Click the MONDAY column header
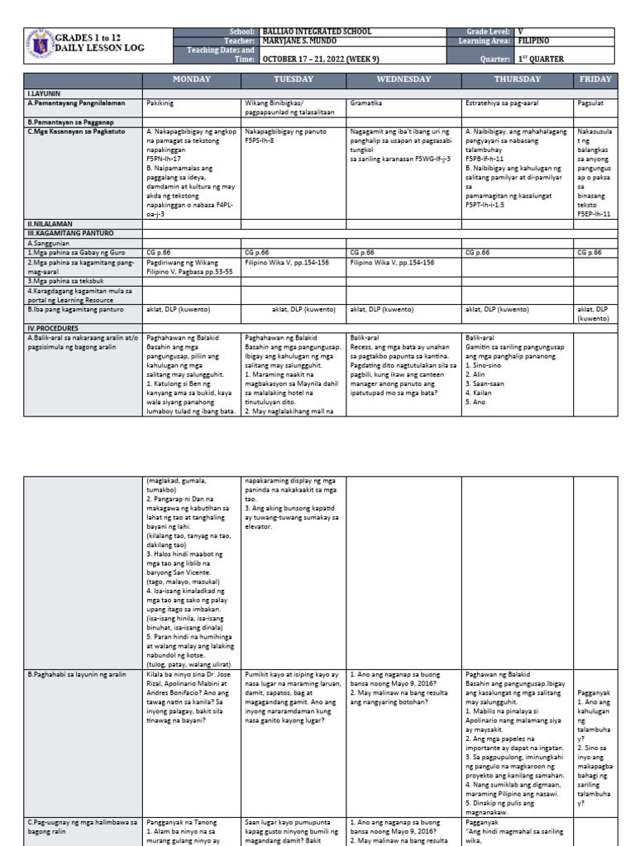[191, 79]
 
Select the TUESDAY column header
[294, 79]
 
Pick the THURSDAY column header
[517, 79]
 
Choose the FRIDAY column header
[595, 79]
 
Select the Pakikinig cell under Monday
[161, 105]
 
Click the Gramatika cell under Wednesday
[368, 105]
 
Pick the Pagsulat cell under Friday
[592, 105]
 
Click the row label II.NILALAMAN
[50, 224]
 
